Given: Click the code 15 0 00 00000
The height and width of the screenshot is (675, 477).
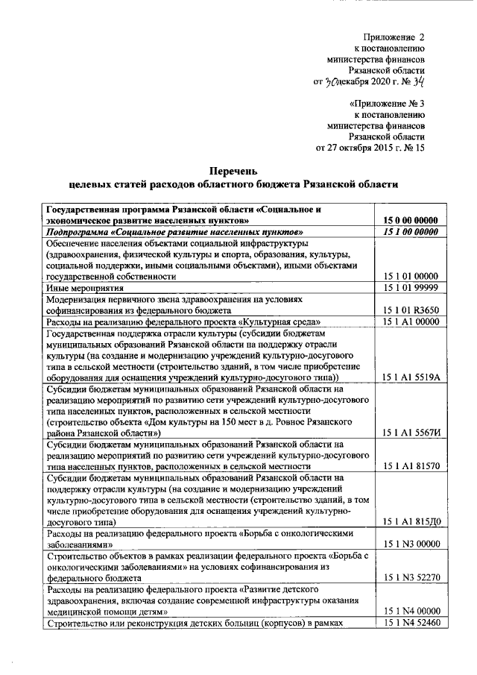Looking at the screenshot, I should (410, 221).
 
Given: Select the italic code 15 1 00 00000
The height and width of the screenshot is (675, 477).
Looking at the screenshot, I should (410, 232).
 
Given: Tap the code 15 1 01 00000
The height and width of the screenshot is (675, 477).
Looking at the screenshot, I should (410, 276).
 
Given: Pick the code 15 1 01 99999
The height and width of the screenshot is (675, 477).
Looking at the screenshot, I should (410, 287).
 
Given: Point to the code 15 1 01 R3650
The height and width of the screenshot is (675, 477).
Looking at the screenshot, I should (410, 309).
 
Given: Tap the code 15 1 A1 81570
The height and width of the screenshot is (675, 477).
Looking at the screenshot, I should (411, 465).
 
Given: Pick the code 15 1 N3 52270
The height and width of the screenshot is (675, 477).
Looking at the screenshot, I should (411, 577).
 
